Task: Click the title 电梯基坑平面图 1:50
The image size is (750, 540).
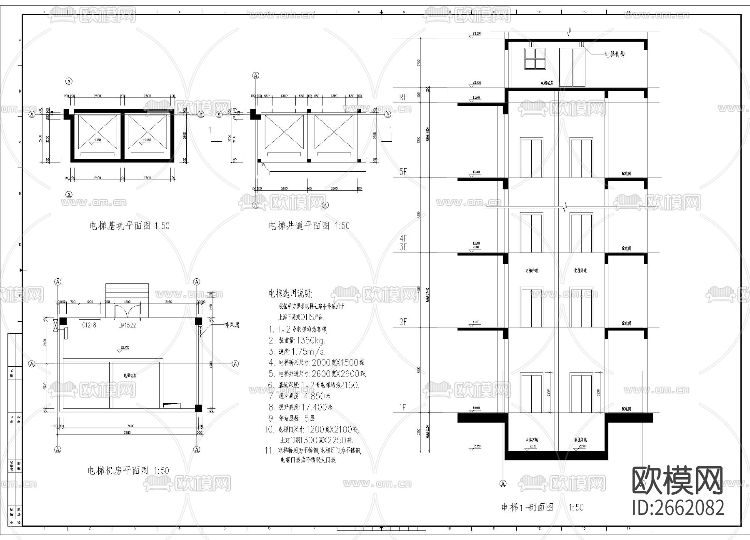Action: (x=130, y=226)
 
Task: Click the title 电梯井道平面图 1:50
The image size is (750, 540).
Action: (x=309, y=226)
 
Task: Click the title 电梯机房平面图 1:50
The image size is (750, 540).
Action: (x=128, y=470)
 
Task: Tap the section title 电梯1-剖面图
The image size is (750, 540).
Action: (x=527, y=507)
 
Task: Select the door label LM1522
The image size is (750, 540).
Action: (x=127, y=325)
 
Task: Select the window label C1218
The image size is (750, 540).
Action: (x=89, y=325)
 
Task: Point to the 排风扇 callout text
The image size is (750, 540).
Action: (x=232, y=324)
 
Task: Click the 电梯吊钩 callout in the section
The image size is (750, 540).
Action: (x=614, y=54)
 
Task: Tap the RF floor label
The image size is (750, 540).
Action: (x=403, y=97)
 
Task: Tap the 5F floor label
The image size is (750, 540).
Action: (x=403, y=172)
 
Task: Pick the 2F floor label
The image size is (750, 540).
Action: (x=403, y=322)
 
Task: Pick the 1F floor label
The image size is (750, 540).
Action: (x=403, y=407)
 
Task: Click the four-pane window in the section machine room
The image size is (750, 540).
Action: (x=535, y=58)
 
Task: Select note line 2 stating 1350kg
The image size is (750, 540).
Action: (x=297, y=340)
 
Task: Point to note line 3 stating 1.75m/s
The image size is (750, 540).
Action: (x=297, y=351)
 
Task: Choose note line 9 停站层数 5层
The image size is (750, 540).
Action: (x=292, y=418)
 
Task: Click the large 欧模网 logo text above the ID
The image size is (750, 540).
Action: (x=678, y=480)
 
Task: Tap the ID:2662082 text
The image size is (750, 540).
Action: (x=678, y=507)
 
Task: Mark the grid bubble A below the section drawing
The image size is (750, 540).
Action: (x=503, y=484)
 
